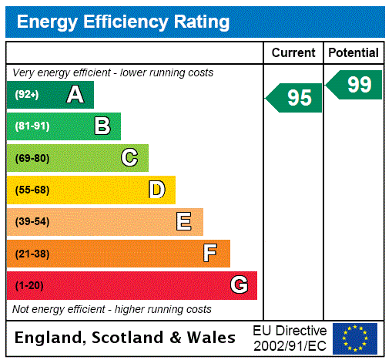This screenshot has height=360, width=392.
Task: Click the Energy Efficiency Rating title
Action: (x=123, y=22)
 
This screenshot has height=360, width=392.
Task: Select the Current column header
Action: (x=293, y=52)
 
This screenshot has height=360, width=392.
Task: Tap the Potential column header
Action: (x=353, y=52)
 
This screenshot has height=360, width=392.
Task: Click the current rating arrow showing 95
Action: (x=295, y=98)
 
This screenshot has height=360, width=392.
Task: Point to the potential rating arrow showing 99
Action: (x=355, y=85)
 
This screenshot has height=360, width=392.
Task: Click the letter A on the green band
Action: (x=75, y=95)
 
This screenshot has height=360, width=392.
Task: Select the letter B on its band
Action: (x=102, y=126)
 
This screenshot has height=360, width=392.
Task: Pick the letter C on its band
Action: (x=129, y=158)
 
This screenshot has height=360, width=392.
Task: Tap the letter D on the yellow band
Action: (x=156, y=190)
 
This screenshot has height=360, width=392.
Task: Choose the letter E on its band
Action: (x=184, y=222)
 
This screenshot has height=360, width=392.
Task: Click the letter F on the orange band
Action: (x=209, y=254)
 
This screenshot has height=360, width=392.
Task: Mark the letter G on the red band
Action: (x=240, y=285)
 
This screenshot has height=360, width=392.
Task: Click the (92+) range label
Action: (x=27, y=95)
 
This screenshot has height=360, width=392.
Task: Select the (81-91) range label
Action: (x=32, y=126)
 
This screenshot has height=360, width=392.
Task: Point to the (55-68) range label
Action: (x=32, y=190)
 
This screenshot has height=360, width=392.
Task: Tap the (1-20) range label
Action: (x=29, y=285)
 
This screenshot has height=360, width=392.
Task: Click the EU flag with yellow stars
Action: (x=355, y=338)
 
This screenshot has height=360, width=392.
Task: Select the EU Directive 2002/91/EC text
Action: (x=290, y=338)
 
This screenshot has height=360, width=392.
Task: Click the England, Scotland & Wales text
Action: (x=126, y=338)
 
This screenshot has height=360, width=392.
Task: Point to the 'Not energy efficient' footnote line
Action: (x=112, y=309)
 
